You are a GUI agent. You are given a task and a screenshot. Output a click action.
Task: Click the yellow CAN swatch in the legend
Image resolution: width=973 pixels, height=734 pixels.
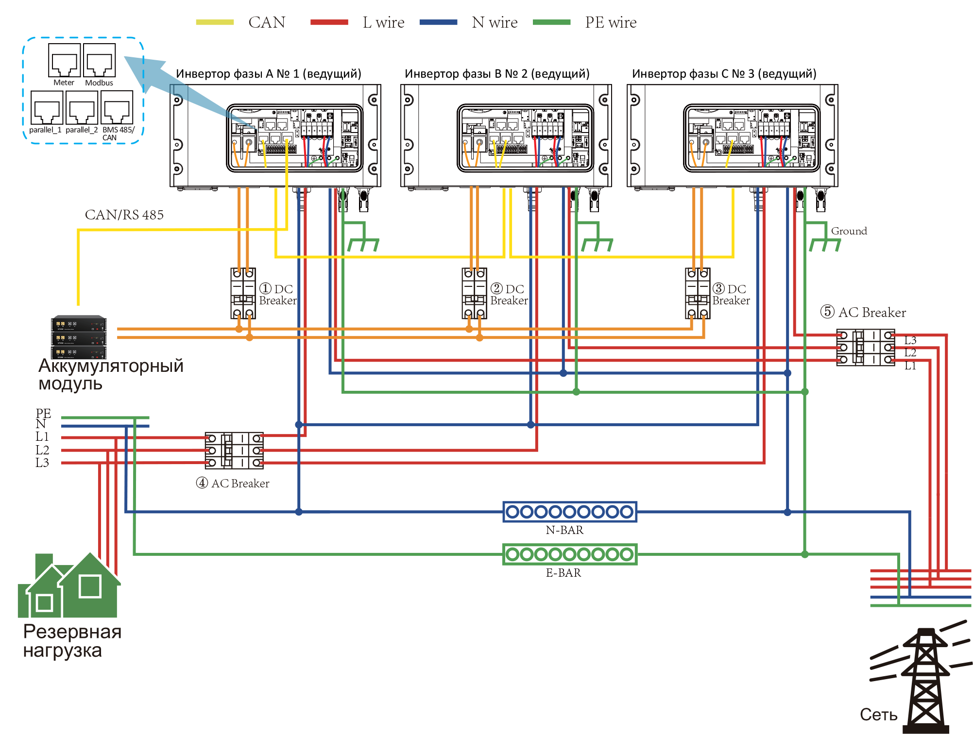pos(215,22)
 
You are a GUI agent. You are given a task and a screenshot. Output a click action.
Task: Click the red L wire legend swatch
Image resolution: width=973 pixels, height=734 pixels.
pos(329,22)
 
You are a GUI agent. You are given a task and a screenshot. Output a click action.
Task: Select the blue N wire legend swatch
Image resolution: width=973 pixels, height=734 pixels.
pos(438,22)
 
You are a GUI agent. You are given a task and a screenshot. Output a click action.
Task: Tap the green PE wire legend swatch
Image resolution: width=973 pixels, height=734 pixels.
pos(552,22)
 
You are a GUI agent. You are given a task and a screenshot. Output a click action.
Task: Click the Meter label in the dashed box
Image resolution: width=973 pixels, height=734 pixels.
pos(64,83)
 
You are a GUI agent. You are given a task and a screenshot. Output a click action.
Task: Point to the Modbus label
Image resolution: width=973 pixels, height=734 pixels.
pos(99,83)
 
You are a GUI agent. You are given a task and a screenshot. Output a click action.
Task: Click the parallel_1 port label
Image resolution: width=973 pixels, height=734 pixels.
pos(45,130)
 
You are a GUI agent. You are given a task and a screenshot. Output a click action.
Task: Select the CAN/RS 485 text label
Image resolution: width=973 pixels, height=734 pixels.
pos(124,215)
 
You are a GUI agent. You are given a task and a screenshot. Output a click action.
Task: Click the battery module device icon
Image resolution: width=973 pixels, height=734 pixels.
pos(79,337)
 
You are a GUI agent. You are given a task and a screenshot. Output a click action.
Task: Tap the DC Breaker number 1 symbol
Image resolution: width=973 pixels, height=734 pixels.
pos(243,293)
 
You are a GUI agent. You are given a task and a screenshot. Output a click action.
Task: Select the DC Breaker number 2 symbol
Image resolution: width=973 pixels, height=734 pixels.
pos(474,293)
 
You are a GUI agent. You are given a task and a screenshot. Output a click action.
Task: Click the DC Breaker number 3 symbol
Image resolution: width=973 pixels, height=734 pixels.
pos(698,293)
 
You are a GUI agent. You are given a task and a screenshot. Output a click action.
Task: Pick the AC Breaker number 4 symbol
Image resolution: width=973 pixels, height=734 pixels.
pos(234,450)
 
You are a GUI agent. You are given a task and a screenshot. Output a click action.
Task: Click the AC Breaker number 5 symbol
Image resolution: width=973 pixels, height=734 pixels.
pos(865,347)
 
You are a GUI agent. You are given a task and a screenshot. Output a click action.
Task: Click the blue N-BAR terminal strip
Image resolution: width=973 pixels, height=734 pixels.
pos(570,512)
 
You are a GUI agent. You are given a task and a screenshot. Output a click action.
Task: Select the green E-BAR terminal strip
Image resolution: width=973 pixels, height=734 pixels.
pos(570,554)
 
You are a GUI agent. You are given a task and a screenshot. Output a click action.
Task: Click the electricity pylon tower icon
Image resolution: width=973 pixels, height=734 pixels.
pos(925,680)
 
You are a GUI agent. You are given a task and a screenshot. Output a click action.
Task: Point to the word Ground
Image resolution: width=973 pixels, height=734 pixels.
pos(849,231)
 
